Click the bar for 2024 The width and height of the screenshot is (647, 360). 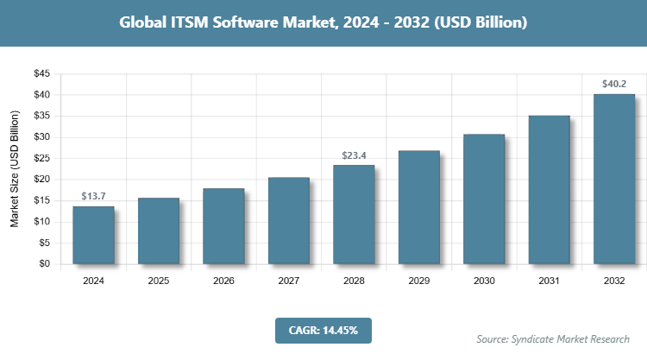tap(93, 235)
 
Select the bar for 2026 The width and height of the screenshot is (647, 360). tap(223, 226)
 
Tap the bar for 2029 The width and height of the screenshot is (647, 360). tap(418, 207)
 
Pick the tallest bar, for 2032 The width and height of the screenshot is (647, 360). tap(614, 179)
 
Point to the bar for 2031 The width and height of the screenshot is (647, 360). tap(549, 190)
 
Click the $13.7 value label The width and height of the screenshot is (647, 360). tap(93, 197)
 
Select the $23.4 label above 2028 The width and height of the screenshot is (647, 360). tap(354, 155)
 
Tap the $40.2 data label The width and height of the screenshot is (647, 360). tap(614, 85)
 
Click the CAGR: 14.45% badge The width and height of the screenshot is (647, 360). tap(323, 330)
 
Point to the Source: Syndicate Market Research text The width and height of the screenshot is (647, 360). tap(554, 338)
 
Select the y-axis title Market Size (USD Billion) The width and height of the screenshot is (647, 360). tap(15, 170)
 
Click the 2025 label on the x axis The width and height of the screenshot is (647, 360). tap(158, 281)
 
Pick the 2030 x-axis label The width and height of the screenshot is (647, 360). tap(484, 281)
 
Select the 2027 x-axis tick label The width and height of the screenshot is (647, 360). tap(288, 281)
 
